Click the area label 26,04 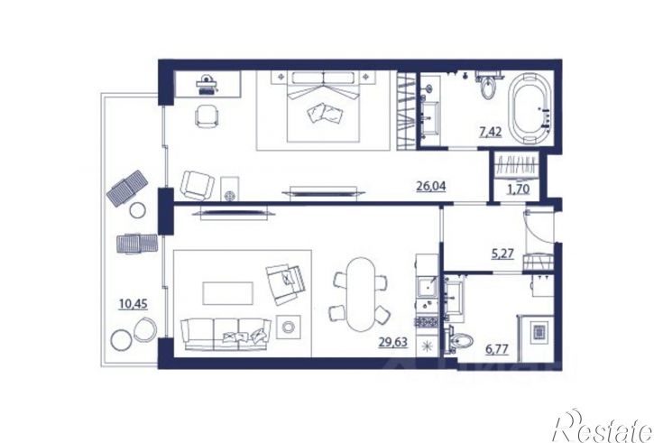pos(431,186)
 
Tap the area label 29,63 pos(393,343)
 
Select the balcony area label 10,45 pos(133,304)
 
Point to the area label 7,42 pos(491,133)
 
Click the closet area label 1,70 pos(518,189)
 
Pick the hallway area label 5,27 pos(502,254)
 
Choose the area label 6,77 pos(497,348)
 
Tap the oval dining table pos(361,294)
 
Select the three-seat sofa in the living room pos(226,335)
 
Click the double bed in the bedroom pos(324,106)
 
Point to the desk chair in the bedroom pos(206,116)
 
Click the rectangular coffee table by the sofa pos(227,293)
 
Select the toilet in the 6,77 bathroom pos(460,342)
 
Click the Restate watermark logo pos(603,426)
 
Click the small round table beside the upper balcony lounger pos(137,210)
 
